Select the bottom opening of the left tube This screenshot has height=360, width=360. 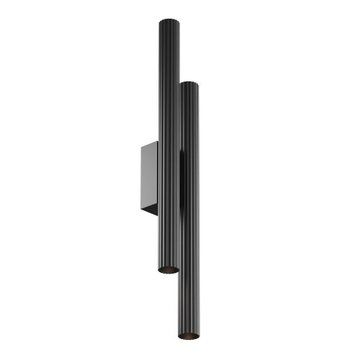pos(168,269)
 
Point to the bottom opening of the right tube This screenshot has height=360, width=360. pos(189,337)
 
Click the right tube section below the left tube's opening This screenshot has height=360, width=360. pos(189,302)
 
